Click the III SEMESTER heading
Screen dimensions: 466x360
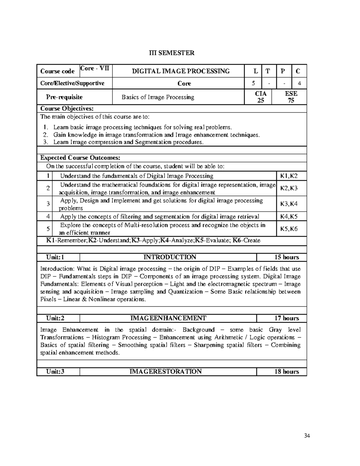172,53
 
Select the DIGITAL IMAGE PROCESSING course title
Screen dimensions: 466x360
181,71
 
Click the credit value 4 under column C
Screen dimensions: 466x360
299,83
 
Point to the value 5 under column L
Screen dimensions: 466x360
253,83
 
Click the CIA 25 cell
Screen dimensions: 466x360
260,97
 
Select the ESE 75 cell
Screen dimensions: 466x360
291,97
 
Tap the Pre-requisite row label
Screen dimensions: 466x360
64,97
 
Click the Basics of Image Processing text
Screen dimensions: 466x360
158,97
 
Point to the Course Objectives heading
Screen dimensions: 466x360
67,108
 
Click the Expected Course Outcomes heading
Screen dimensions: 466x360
80,158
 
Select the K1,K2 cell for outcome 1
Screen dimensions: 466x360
289,176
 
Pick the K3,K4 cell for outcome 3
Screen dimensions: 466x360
289,204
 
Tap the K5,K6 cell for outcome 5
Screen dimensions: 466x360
289,229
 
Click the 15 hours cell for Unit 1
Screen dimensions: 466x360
287,257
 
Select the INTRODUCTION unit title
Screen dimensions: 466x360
170,257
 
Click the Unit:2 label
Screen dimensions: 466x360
55,318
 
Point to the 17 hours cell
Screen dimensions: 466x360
287,318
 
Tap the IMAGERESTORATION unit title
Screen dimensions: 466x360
165,371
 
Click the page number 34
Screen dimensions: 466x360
307,436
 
